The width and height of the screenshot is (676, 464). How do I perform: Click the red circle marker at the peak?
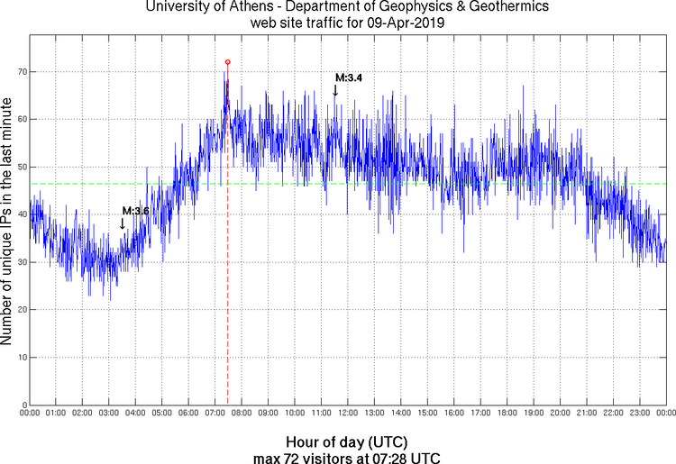pos(227,62)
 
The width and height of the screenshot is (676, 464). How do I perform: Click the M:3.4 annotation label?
pos(349,78)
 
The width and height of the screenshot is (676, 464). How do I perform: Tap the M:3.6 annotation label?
pos(135,211)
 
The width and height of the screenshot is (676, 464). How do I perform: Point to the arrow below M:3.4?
pos(335,90)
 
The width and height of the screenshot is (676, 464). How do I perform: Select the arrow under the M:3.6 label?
pos(123,223)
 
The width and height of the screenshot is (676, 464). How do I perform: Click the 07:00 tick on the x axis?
pos(215,414)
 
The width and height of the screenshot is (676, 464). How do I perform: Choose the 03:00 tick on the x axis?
pos(108,414)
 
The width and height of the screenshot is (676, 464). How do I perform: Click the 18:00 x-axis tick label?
pos(507,414)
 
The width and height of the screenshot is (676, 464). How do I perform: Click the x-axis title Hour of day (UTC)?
pos(347,442)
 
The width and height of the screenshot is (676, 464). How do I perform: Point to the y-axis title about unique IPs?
pos(7,223)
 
